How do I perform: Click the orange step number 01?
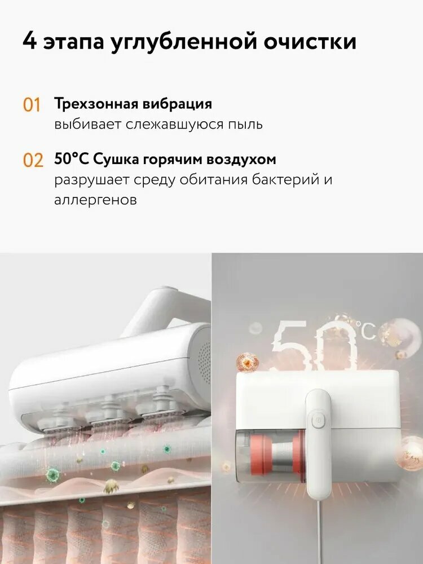[32, 105]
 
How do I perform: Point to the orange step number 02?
[33, 161]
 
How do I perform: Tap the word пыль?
[244, 124]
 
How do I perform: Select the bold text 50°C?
[73, 160]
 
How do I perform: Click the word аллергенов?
[95, 200]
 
